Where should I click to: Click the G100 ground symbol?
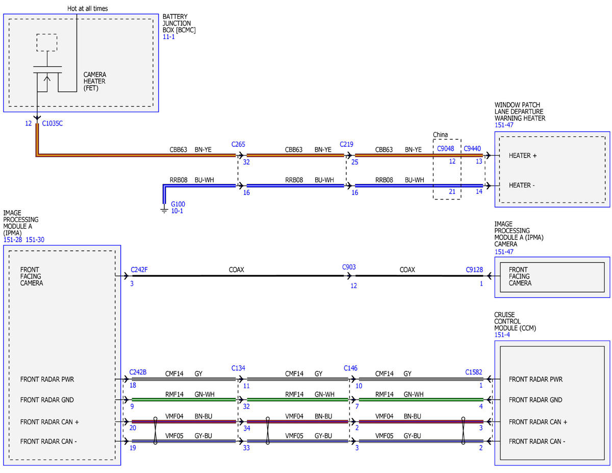click(x=164, y=210)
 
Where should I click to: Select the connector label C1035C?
click(x=53, y=123)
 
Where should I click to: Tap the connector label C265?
click(x=238, y=144)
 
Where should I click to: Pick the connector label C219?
click(x=346, y=144)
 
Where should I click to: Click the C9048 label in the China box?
click(x=445, y=148)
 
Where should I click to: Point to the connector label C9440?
click(x=472, y=148)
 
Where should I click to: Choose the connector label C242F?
click(x=139, y=269)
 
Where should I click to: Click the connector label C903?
click(x=349, y=267)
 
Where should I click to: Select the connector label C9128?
click(x=474, y=269)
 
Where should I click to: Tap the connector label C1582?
click(x=473, y=372)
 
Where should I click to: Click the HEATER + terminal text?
click(x=522, y=156)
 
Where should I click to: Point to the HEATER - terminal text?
click(x=521, y=185)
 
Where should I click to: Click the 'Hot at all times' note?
click(x=87, y=9)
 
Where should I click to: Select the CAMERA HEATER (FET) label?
click(x=95, y=81)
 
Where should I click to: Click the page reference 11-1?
click(x=168, y=37)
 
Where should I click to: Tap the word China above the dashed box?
click(x=440, y=135)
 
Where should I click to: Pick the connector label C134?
click(x=238, y=368)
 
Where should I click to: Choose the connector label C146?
click(x=350, y=368)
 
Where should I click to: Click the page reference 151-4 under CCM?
click(x=502, y=335)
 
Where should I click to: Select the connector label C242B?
click(x=138, y=372)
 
